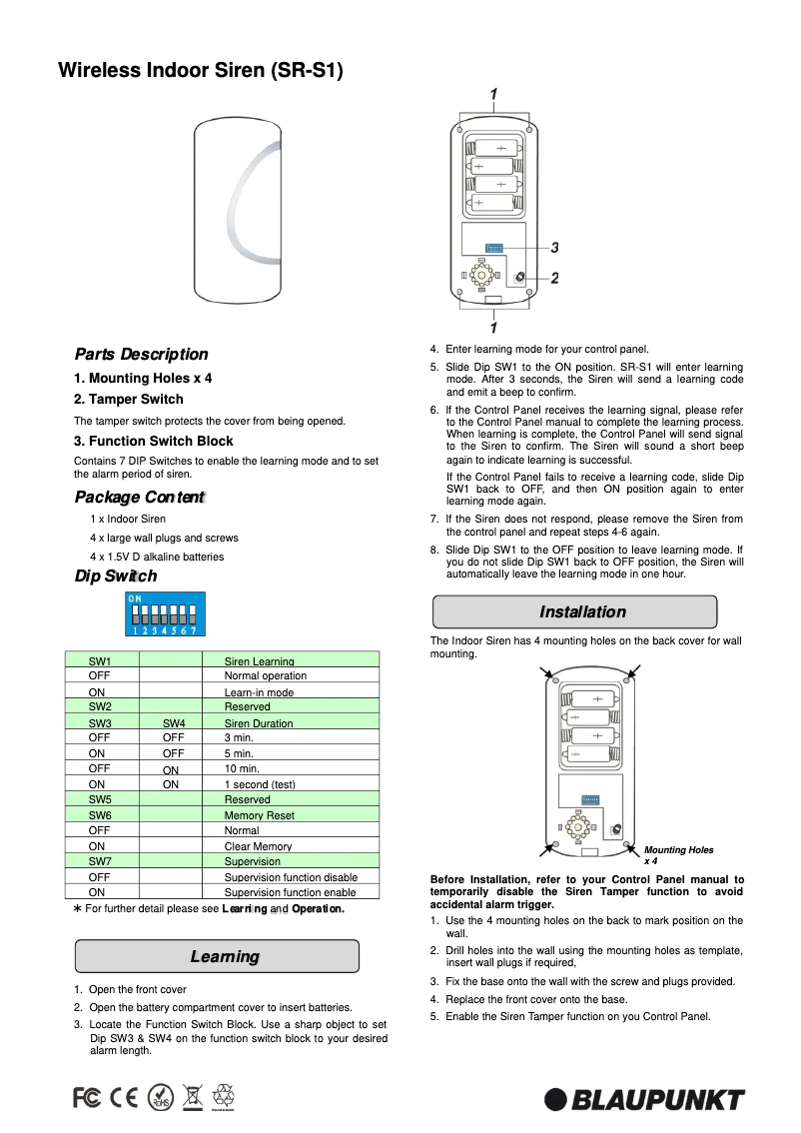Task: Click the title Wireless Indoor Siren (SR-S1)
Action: click(x=200, y=71)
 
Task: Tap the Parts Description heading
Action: click(x=141, y=354)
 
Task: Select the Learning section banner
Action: click(x=217, y=956)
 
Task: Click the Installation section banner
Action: click(x=574, y=611)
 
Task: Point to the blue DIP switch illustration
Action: click(x=164, y=613)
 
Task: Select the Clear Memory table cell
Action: click(x=258, y=846)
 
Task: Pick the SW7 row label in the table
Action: click(x=100, y=861)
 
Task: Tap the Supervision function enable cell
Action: click(x=290, y=892)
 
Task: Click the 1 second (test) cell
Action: click(x=260, y=784)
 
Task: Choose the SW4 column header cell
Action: click(x=173, y=723)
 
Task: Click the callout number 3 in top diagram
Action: click(x=554, y=247)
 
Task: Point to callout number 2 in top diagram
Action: click(x=554, y=278)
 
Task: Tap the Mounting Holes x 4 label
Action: click(x=678, y=854)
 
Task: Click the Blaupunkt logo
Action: click(x=644, y=1099)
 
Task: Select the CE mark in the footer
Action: click(x=125, y=1097)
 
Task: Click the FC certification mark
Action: click(x=87, y=1097)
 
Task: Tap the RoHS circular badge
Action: click(x=160, y=1097)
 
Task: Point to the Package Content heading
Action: click(x=139, y=497)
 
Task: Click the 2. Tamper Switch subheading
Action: click(x=128, y=399)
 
